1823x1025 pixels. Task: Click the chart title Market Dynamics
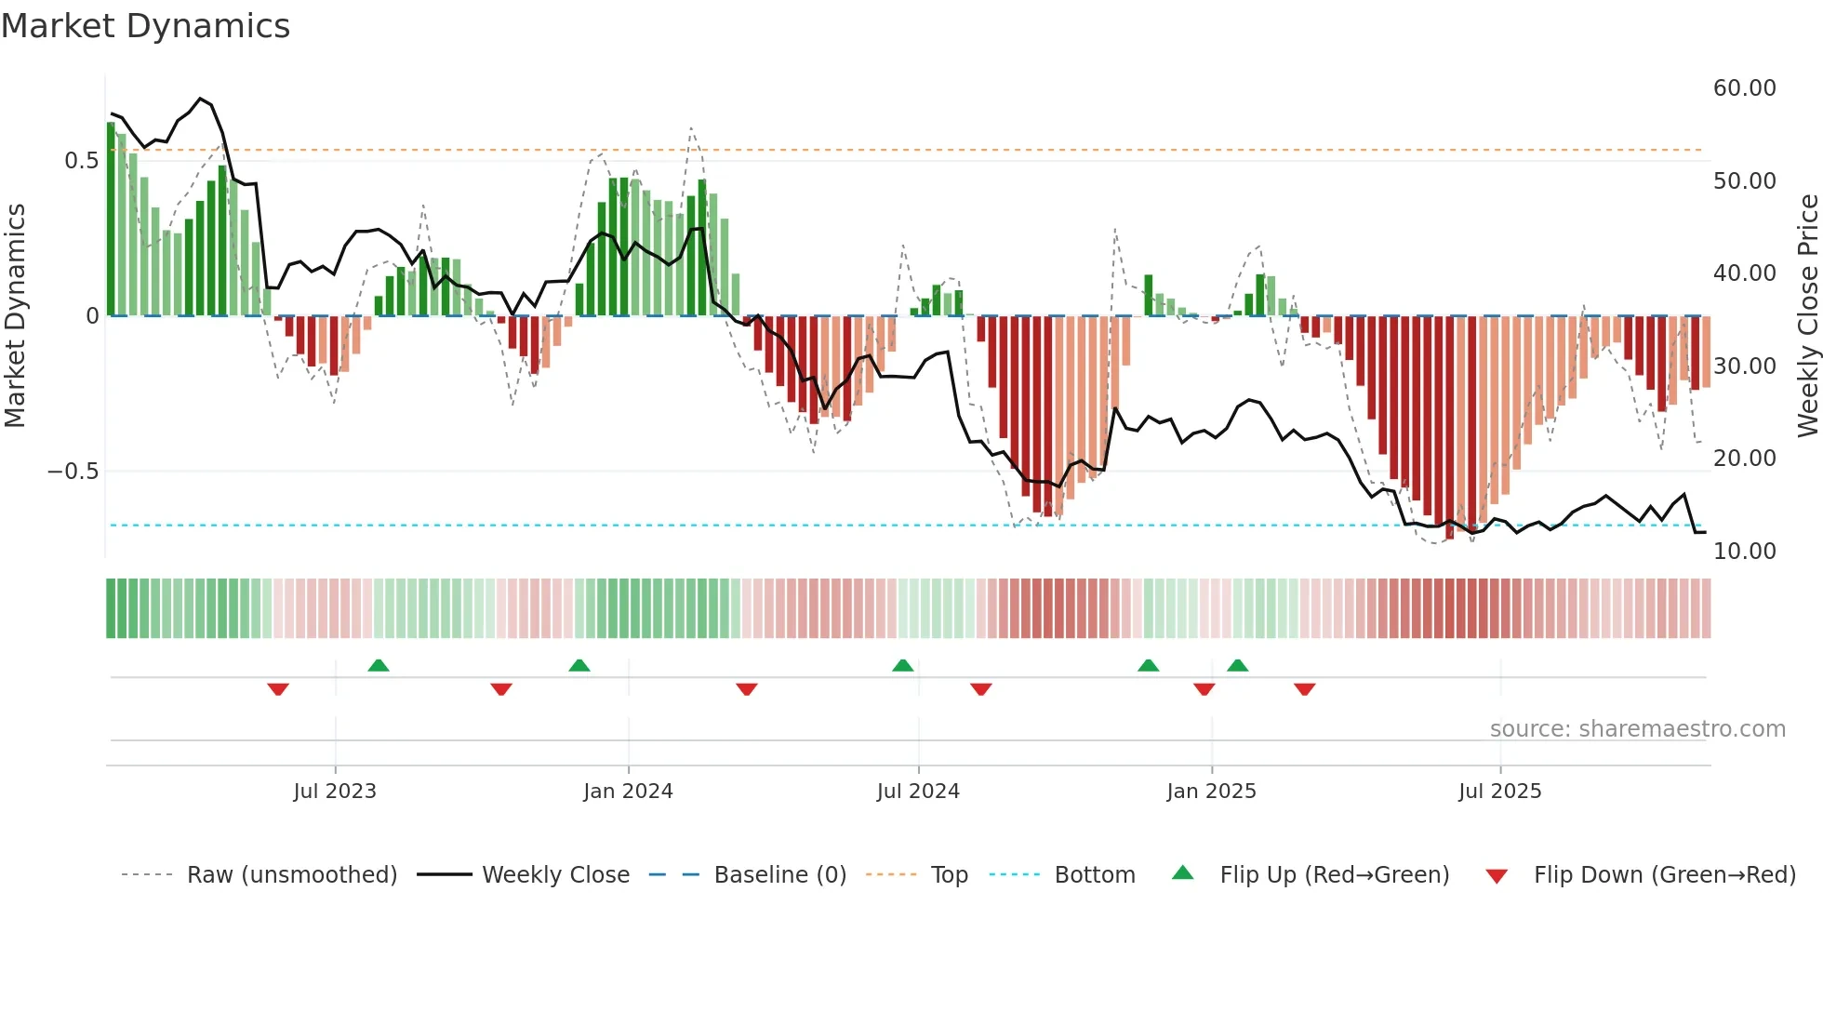pos(146,26)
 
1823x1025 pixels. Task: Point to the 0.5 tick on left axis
pos(81,161)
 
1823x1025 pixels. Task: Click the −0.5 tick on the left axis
pos(73,472)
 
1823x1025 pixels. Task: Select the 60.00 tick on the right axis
pos(1744,88)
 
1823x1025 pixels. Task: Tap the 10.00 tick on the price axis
pos(1744,552)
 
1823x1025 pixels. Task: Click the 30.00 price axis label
pos(1744,366)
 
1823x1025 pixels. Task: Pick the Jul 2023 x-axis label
pos(335,792)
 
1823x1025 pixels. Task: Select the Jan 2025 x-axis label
pos(1211,792)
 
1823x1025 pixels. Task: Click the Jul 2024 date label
pos(918,792)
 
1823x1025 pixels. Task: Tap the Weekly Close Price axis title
pos(1807,315)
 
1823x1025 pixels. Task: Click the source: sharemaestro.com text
pos(1637,729)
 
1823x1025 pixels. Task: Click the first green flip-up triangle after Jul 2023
pos(379,666)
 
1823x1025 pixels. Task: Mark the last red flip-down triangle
pos(1304,688)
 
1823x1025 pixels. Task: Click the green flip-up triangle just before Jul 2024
pos(902,666)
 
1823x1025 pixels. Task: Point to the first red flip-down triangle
pos(278,688)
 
